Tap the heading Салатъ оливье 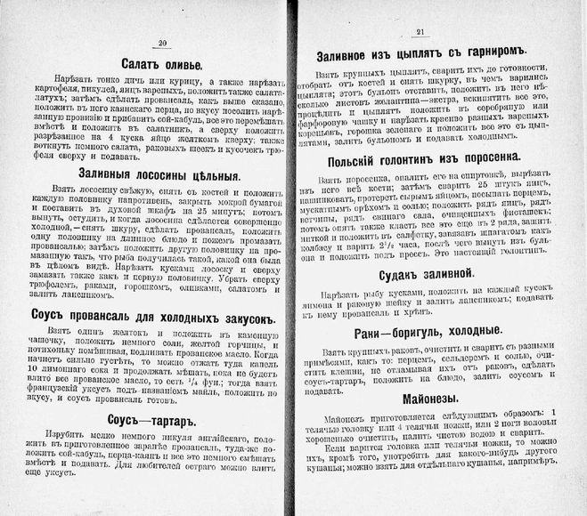tap(162, 64)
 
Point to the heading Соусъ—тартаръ tap(160, 420)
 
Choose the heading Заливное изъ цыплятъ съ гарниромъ tap(422, 55)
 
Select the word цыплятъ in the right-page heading tap(422, 55)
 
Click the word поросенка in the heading tap(485, 157)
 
